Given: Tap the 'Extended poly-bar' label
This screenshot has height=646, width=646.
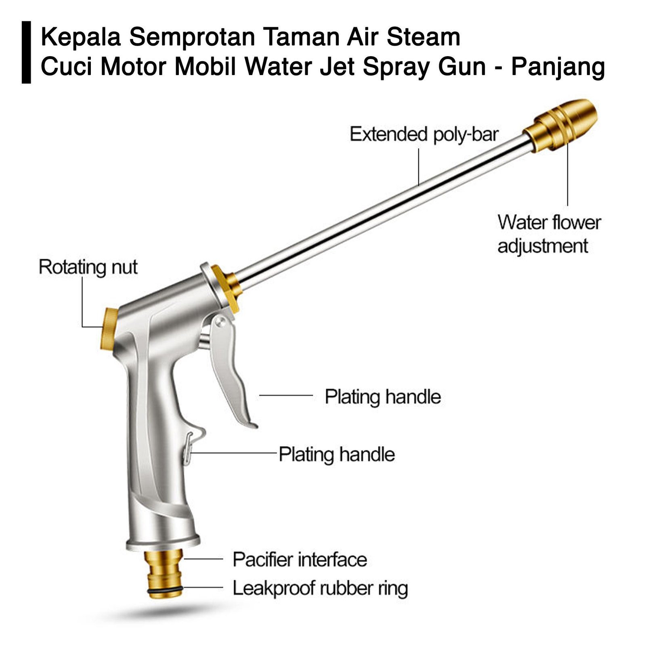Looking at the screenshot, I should [424, 134].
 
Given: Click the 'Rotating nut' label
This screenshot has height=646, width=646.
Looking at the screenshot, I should [88, 267].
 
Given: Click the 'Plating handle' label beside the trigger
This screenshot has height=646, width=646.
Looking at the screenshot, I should [382, 396].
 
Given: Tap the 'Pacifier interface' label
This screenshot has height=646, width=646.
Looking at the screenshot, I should [300, 560].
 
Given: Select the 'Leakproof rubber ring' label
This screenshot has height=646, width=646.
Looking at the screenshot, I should [320, 588].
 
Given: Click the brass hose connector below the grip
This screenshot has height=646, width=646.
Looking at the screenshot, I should [165, 569].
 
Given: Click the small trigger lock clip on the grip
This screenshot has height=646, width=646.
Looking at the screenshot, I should [188, 448].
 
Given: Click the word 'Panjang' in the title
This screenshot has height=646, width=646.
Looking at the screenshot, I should [558, 67].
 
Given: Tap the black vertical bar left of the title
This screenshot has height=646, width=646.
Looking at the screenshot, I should [26, 52].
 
